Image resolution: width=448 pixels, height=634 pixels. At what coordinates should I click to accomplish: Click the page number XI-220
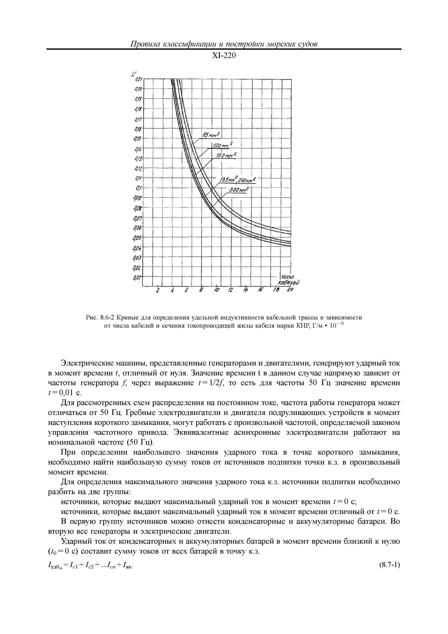click(x=224, y=56)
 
